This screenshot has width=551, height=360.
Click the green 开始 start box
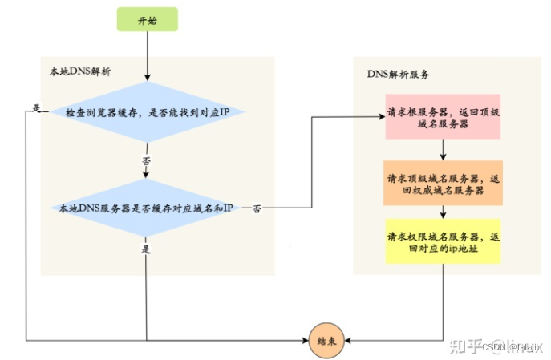pos(147,20)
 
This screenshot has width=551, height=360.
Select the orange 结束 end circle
pos(327,340)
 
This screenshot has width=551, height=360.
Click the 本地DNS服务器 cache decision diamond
pos(147,208)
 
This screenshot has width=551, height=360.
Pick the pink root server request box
pos(443,115)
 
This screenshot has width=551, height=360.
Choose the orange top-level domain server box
pos(443,184)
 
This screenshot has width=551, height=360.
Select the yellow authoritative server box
pos(443,242)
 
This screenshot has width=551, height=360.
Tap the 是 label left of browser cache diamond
pos(37,108)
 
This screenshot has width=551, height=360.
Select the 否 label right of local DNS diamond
pos(256,208)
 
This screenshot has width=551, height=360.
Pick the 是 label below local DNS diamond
pos(146,249)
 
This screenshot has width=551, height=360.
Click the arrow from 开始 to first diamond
pos(147,56)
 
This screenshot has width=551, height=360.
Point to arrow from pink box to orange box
pos(443,150)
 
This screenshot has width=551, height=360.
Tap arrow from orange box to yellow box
pos(443,212)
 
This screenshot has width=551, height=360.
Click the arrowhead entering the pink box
pos(381,118)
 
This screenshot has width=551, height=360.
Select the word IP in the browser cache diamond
pos(226,112)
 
